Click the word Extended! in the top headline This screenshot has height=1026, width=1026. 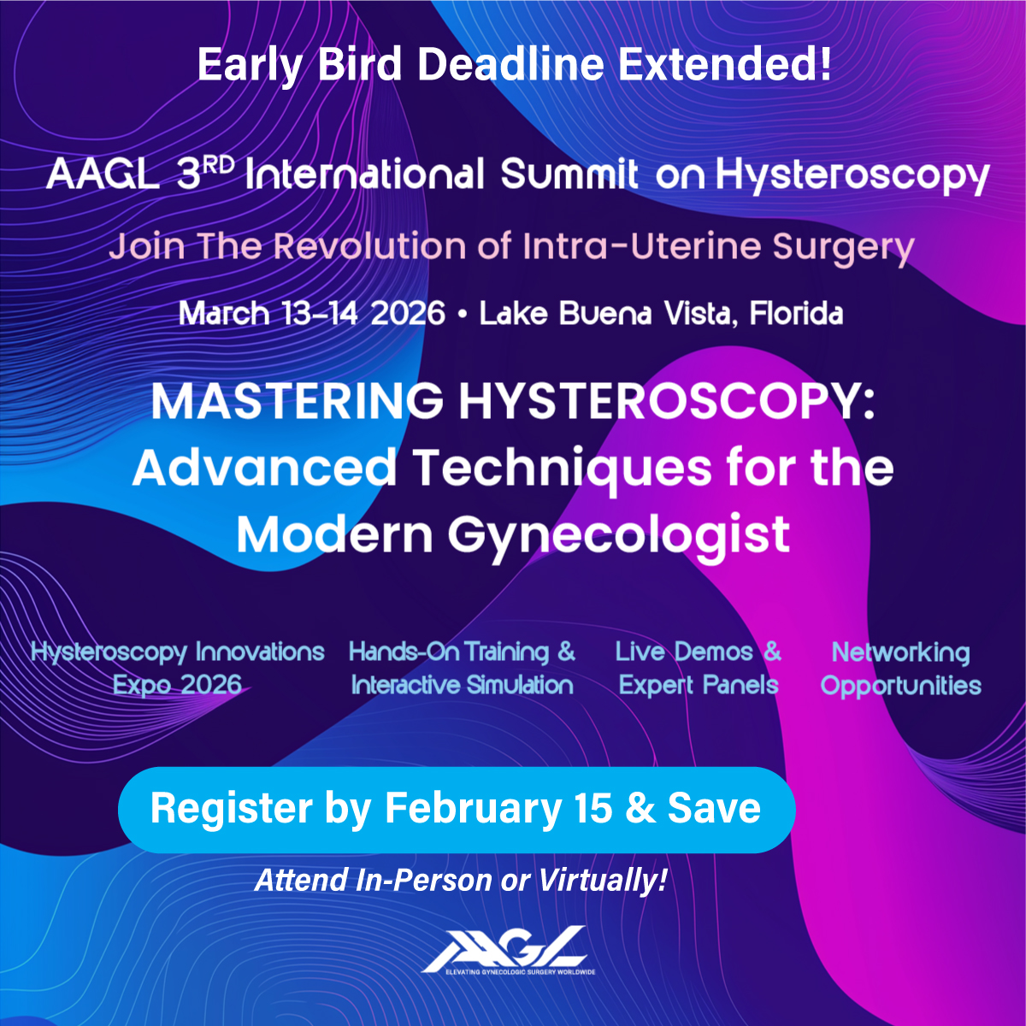(726, 65)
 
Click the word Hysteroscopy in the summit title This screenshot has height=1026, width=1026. (852, 175)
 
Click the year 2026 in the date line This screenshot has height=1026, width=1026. (408, 314)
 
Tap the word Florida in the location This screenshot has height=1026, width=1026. (796, 314)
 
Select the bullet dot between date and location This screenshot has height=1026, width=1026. (462, 315)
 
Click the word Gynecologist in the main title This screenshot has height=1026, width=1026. (618, 535)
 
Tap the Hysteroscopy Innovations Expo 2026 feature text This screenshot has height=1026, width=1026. (178, 669)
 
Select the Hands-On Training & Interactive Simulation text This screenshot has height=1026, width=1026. (462, 669)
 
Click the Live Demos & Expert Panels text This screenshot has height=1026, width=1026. (698, 669)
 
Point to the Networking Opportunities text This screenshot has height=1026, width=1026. (900, 669)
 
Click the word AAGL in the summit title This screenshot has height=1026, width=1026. (102, 175)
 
